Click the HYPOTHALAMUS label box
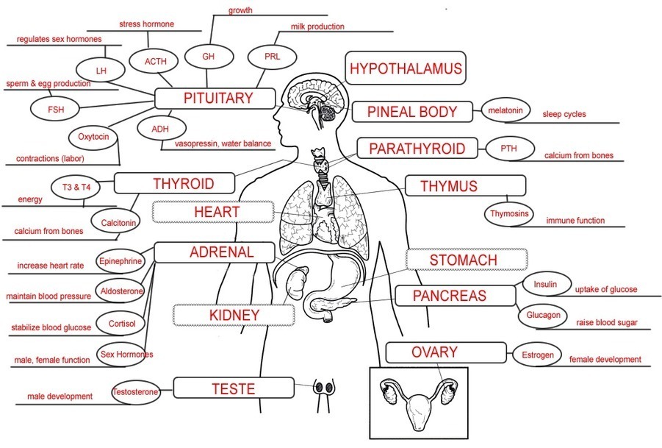click(x=406, y=69)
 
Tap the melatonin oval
click(x=505, y=111)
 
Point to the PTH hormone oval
click(x=508, y=148)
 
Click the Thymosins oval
click(x=508, y=214)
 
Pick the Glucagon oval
click(x=543, y=316)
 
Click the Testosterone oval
click(x=135, y=392)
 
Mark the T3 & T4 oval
click(x=76, y=187)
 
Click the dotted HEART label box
click(x=213, y=212)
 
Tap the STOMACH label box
click(x=467, y=260)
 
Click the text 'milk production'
click(x=317, y=27)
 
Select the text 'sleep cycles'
click(x=564, y=115)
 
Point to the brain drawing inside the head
click(x=312, y=98)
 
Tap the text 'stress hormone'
click(x=146, y=24)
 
